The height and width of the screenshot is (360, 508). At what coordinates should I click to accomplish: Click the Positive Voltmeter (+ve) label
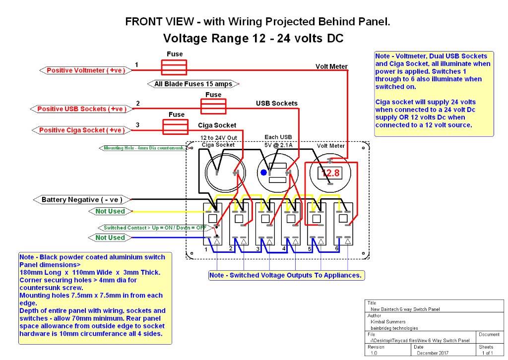(85, 70)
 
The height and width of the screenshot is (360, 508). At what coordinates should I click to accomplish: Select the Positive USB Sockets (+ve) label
(82, 109)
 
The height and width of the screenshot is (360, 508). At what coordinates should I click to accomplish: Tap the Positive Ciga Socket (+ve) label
(82, 130)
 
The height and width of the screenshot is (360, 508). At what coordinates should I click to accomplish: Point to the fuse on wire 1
(174, 67)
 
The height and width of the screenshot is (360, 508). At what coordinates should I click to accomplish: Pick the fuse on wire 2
(213, 106)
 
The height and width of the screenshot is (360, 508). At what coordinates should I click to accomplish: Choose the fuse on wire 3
(176, 126)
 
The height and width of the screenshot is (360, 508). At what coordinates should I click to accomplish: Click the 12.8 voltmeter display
(330, 173)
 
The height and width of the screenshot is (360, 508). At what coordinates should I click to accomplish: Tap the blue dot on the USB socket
(263, 173)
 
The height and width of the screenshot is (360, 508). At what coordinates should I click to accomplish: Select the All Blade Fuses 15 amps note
(193, 84)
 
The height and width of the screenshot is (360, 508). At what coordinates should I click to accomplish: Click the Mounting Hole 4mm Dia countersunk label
(143, 148)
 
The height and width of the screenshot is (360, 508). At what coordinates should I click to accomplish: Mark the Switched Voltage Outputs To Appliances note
(285, 275)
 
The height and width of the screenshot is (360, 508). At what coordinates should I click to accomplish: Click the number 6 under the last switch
(337, 248)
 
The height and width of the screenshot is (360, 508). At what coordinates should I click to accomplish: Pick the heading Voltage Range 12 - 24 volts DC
(254, 39)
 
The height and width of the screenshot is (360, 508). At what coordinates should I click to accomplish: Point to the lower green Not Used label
(110, 238)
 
